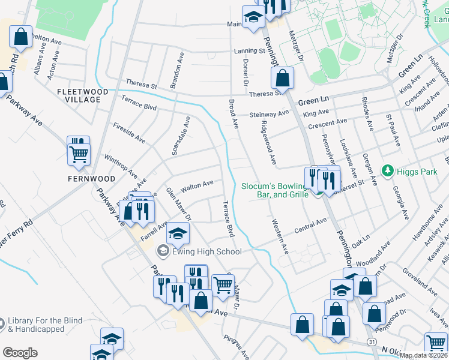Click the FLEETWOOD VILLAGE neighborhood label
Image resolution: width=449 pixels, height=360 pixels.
(x=82, y=96)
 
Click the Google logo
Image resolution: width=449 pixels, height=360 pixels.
(x=20, y=353)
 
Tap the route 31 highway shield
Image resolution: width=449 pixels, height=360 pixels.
(x=372, y=342)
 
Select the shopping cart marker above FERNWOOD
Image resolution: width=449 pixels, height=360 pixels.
(x=79, y=154)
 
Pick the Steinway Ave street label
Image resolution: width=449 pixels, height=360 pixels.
(x=270, y=113)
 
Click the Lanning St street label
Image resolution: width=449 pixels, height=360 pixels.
(x=249, y=51)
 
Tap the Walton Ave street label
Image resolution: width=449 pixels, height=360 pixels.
(x=197, y=185)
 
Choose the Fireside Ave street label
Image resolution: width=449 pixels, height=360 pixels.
(x=129, y=133)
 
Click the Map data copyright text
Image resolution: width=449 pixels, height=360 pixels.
(x=423, y=356)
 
